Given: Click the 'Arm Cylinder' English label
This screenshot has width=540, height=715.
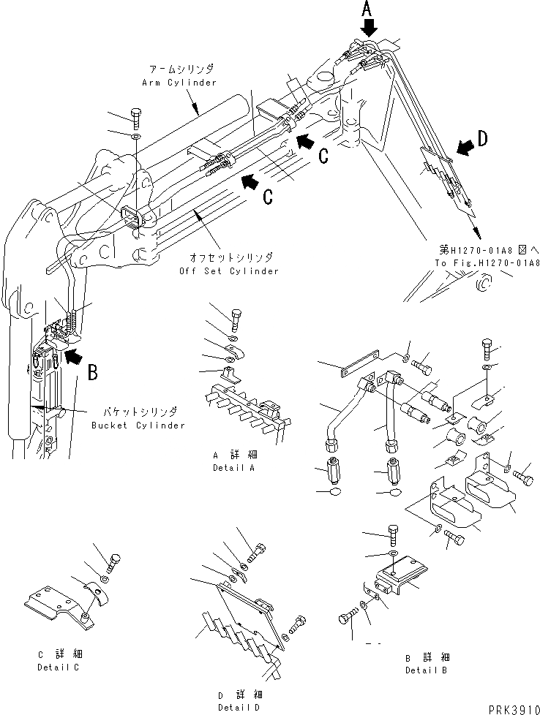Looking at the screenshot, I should (x=179, y=83).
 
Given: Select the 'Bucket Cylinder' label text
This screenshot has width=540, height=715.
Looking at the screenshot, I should (x=138, y=425).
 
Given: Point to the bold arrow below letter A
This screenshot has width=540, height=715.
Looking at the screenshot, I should (x=370, y=28).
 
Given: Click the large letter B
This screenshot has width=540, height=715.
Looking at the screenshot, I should (x=92, y=374).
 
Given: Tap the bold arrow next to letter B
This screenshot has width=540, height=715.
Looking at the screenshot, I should (x=73, y=357).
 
